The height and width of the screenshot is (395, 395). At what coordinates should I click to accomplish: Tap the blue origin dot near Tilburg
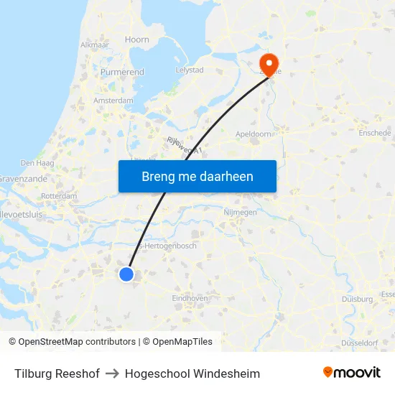tap(126, 274)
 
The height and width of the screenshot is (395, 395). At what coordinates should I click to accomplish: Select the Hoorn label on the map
tap(136, 40)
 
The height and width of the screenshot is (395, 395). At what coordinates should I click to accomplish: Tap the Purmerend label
tap(122, 73)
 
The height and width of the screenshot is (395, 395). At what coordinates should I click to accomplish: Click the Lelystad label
tap(190, 70)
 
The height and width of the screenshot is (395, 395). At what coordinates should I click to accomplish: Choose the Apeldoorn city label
tap(254, 134)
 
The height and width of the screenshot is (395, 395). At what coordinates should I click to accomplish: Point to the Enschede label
tap(375, 133)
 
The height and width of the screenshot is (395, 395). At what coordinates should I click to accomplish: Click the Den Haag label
tap(37, 164)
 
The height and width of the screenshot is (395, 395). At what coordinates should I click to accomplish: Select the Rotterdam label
tap(59, 195)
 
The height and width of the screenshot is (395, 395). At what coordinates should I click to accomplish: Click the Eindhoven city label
tap(190, 298)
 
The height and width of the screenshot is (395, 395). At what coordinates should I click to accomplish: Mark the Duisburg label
tap(357, 299)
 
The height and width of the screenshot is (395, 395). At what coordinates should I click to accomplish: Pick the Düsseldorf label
tap(359, 343)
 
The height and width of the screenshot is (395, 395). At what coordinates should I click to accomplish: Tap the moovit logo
tap(351, 373)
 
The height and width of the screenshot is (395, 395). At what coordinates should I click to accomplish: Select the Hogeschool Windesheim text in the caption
tap(192, 373)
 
